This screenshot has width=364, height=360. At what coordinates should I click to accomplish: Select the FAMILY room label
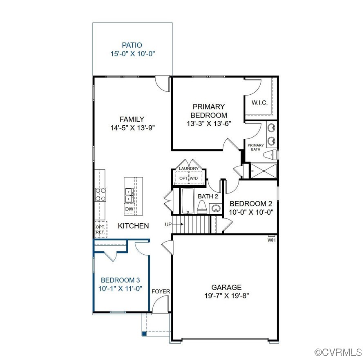click(132, 119)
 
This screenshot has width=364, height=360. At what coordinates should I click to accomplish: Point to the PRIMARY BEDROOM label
click(208, 111)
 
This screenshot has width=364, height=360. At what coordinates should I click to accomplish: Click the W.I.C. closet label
click(259, 102)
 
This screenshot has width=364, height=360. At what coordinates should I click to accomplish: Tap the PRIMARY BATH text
click(256, 147)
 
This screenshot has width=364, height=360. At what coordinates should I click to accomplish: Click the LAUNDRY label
click(188, 169)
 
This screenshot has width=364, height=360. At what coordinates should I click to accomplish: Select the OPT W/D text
click(188, 178)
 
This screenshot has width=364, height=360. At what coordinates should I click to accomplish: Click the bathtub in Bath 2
click(188, 201)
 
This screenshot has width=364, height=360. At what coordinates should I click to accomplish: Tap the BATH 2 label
click(208, 196)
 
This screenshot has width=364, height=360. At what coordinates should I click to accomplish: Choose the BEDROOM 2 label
click(250, 204)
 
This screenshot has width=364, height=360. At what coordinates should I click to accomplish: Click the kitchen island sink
click(129, 195)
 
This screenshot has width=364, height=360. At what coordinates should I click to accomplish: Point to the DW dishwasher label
click(129, 209)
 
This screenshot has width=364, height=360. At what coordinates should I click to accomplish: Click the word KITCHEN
click(133, 226)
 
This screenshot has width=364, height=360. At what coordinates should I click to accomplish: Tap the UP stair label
click(168, 224)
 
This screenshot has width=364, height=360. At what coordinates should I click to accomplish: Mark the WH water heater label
click(272, 240)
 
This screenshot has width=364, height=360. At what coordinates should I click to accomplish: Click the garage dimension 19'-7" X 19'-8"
click(226, 296)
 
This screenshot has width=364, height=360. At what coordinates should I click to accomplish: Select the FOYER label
click(161, 291)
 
